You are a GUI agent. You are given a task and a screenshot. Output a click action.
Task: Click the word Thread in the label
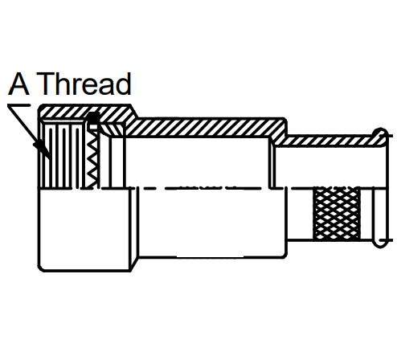84,84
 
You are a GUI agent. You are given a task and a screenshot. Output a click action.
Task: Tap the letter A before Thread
18,84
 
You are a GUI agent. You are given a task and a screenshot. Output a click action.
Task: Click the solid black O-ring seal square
93,118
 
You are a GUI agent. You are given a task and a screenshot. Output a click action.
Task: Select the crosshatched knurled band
337,214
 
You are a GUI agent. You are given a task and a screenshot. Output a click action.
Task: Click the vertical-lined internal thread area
63,155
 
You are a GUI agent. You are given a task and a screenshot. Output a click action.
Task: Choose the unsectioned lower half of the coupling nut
85,230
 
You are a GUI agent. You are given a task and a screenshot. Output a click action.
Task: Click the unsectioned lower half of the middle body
211,223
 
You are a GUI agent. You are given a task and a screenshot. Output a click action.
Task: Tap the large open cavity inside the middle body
198,162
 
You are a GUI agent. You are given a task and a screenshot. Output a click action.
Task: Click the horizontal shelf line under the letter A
18,105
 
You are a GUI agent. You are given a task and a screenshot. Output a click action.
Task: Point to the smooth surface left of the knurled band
300,214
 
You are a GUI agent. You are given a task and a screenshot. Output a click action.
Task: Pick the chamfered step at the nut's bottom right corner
135,264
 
